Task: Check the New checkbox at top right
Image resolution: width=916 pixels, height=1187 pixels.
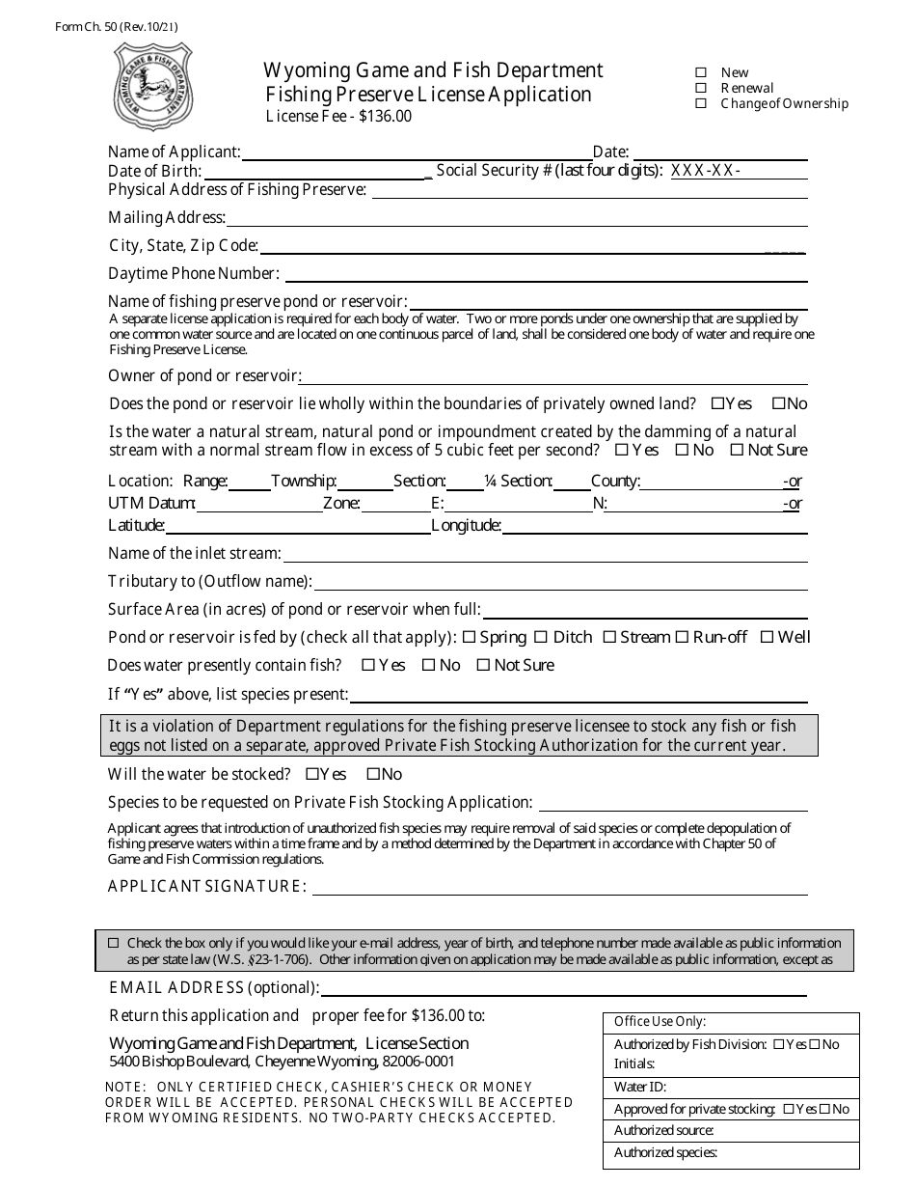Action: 701,72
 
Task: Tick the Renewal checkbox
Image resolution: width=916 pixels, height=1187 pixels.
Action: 701,88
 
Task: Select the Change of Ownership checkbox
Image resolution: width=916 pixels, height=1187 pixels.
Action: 701,103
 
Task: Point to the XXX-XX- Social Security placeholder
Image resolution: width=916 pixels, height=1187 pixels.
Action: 705,171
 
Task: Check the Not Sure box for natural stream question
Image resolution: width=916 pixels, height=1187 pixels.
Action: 737,450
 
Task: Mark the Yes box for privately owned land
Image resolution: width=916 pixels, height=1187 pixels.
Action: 717,403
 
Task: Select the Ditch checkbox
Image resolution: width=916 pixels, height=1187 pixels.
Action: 541,637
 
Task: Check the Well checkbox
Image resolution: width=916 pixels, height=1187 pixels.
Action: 767,637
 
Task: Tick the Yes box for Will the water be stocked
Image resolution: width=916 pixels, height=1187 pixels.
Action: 311,774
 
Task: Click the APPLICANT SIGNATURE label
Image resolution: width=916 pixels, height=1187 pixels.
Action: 207,886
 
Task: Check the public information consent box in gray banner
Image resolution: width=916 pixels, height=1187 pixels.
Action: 114,943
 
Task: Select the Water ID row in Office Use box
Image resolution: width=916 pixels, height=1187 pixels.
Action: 730,1087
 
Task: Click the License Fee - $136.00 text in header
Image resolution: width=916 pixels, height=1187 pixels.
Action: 338,116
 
